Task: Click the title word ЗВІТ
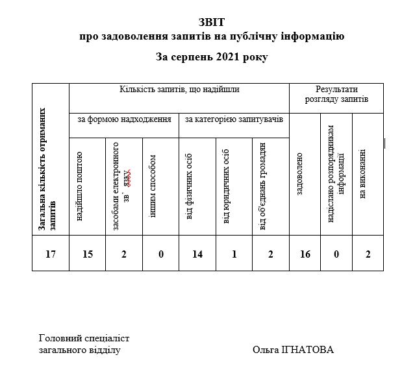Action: point(212,23)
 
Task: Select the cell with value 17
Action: point(51,254)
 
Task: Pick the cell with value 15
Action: point(88,254)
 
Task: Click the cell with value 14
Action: point(197,254)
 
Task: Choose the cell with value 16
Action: point(305,254)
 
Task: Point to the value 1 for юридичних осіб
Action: point(234,254)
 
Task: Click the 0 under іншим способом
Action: point(160,254)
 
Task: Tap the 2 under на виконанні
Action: point(368,254)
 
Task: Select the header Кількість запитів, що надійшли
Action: point(179,90)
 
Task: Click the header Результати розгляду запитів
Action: point(336,94)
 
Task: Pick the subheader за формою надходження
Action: point(124,119)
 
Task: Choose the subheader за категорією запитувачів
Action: point(233,119)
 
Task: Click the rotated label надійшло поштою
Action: point(80,186)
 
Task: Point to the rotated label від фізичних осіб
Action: point(190,187)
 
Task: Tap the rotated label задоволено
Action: point(300,175)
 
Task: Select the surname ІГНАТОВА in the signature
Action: point(311,350)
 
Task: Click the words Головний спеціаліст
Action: point(84,338)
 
